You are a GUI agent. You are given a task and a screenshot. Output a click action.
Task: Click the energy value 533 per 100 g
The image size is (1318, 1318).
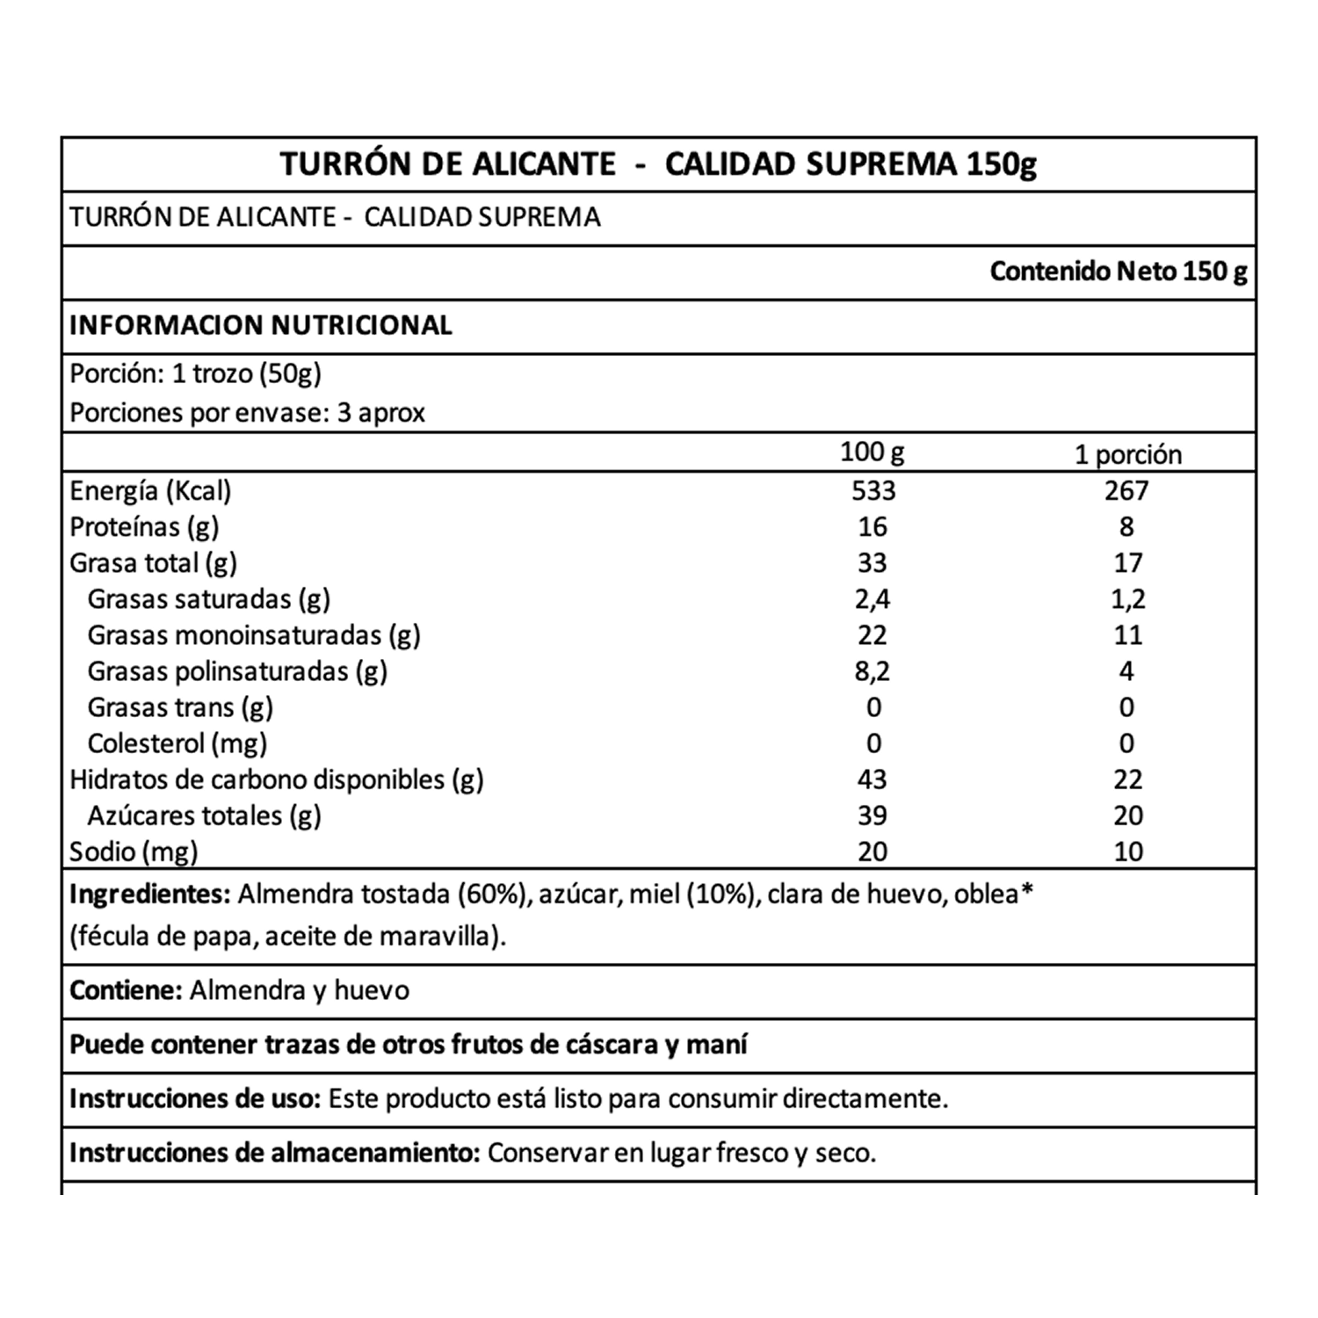(873, 490)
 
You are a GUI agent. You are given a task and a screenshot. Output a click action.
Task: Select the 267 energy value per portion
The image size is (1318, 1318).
(1126, 490)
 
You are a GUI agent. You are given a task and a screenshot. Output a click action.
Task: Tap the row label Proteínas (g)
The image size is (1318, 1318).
(144, 527)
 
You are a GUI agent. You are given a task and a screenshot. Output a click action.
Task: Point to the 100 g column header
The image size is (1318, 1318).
(872, 453)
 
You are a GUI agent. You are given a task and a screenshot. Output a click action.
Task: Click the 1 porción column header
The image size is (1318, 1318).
(1128, 454)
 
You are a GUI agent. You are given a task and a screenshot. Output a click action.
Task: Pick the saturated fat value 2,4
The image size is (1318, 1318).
(872, 599)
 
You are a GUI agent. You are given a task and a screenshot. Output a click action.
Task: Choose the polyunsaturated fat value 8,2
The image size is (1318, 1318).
(872, 671)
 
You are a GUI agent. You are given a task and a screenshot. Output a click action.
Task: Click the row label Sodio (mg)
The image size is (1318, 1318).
(134, 851)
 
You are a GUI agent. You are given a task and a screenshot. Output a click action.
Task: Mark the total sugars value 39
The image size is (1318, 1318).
(872, 815)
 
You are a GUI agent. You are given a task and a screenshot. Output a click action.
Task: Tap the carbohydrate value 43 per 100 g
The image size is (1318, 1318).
(872, 779)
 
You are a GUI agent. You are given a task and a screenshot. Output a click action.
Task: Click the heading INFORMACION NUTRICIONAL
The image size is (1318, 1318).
(261, 325)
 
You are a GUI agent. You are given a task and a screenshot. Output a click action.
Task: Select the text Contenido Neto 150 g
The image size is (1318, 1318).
(1118, 272)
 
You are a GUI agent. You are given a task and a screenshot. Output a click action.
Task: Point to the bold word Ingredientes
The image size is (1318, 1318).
(149, 894)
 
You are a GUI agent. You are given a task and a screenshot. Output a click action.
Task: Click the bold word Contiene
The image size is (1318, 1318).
(126, 990)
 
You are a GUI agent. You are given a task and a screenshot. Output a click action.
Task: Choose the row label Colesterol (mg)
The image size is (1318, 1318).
(177, 743)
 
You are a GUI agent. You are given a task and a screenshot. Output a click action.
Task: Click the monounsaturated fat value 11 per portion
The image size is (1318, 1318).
(1127, 635)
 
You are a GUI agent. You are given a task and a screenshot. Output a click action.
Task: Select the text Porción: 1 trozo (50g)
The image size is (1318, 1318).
(195, 374)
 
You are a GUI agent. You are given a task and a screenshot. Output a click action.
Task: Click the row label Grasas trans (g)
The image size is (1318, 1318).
(180, 707)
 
